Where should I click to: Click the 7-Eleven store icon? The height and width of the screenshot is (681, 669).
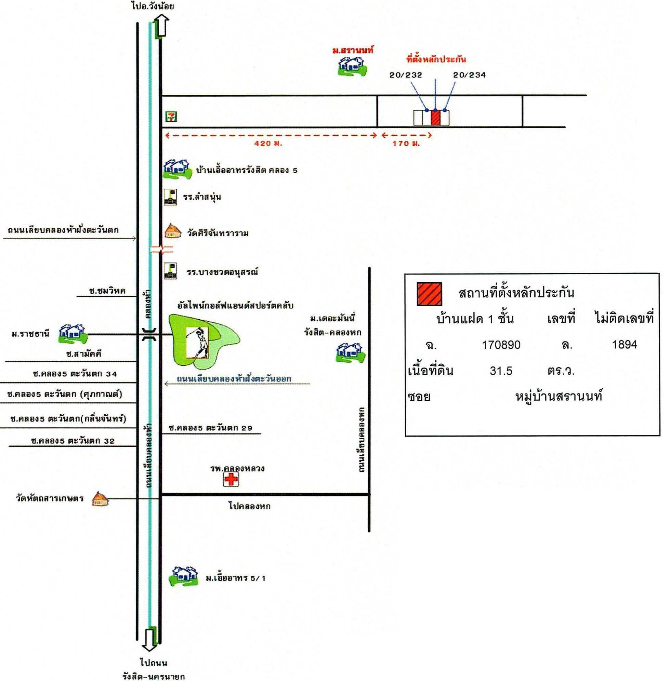(x=171, y=117)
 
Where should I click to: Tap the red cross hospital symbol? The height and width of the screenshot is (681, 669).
(x=231, y=479)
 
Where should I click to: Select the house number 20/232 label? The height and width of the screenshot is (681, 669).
(x=406, y=75)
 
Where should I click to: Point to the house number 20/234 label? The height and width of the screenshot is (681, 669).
(x=469, y=75)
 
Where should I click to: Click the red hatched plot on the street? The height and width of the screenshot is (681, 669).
(x=435, y=117)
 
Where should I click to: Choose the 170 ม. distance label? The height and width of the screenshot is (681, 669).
(x=406, y=143)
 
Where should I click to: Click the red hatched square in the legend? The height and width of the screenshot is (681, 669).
(x=429, y=294)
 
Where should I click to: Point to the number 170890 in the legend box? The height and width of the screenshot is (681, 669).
(x=501, y=345)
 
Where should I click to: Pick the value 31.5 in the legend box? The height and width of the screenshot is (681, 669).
(x=501, y=371)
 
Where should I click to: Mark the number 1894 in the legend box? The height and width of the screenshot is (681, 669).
(x=625, y=345)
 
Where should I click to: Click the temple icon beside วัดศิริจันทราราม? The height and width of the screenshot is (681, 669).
(x=173, y=231)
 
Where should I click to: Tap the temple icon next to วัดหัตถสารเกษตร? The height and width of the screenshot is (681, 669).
(x=100, y=499)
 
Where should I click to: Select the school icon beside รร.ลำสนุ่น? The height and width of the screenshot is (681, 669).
(x=171, y=197)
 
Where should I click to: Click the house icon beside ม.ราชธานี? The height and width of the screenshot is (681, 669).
(x=73, y=333)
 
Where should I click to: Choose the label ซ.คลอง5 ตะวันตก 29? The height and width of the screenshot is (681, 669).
(x=210, y=428)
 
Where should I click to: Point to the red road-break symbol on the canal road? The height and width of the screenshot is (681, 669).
(x=161, y=249)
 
